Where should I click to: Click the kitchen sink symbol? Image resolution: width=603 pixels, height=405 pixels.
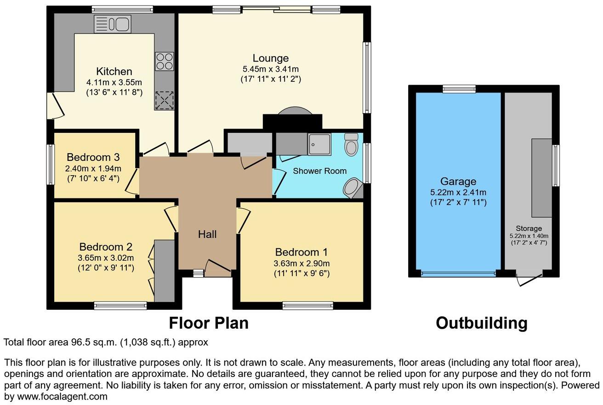(x=113, y=24)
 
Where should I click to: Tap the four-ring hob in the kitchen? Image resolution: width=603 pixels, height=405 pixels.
(x=165, y=62)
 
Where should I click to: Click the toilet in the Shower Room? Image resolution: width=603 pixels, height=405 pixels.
(x=351, y=144)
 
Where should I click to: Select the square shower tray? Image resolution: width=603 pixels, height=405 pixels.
(x=319, y=143)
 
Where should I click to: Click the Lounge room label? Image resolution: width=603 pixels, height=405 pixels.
(x=271, y=58)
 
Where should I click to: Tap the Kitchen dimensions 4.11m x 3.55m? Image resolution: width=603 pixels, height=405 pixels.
(x=114, y=83)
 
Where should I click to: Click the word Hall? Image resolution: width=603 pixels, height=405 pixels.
(x=207, y=234)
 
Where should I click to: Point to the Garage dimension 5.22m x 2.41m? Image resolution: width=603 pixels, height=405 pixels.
(x=458, y=192)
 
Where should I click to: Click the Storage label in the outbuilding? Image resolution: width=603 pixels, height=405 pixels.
(x=529, y=228)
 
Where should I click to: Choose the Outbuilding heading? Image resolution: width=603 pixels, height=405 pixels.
(x=481, y=323)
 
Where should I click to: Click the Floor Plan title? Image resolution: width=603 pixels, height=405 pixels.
(x=209, y=323)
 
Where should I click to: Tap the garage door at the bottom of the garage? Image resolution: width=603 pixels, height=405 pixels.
(x=458, y=274)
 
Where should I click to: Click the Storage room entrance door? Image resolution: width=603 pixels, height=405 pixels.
(x=529, y=278)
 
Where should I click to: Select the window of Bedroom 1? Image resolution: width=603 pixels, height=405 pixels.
(x=307, y=305)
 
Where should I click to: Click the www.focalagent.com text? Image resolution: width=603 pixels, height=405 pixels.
(x=59, y=396)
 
